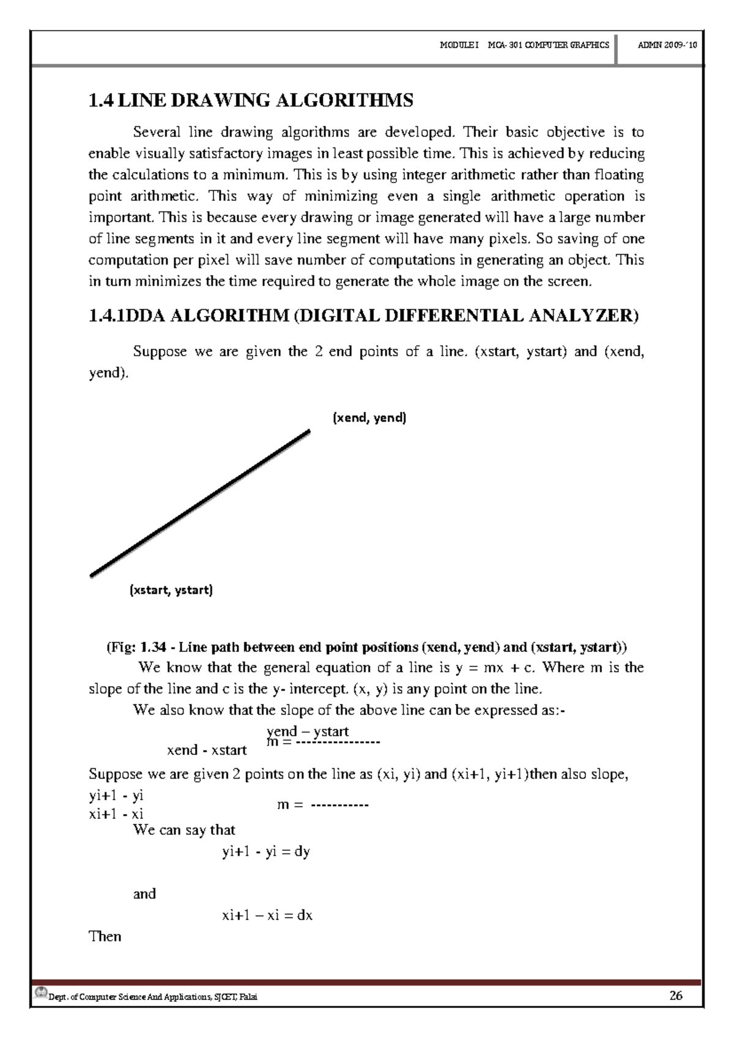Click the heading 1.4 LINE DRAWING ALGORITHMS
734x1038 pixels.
tap(251, 100)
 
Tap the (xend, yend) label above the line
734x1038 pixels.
tap(369, 419)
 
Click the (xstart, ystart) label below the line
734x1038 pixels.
tap(171, 591)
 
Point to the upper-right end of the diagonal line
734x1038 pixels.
tap(308, 432)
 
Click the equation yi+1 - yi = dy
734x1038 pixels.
tap(266, 851)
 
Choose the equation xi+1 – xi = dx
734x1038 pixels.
tap(267, 916)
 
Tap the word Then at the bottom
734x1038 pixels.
tap(105, 936)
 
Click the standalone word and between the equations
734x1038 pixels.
tap(144, 894)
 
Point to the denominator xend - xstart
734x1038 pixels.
tap(207, 750)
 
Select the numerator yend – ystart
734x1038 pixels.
tap(308, 731)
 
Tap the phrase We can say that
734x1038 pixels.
tap(184, 830)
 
